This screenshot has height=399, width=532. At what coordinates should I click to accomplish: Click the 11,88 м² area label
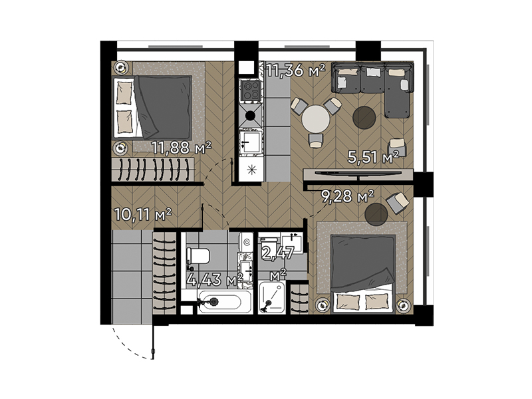182,148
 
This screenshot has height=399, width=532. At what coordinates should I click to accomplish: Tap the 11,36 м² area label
295,70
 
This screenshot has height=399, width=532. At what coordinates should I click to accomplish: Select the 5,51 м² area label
373,158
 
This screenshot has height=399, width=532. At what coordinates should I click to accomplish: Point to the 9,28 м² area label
347,196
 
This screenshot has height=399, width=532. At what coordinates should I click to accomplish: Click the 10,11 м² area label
143,214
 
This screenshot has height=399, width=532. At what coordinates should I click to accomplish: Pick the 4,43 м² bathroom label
215,280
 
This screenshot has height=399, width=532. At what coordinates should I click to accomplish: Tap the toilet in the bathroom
198,256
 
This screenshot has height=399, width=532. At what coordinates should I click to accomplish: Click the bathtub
225,301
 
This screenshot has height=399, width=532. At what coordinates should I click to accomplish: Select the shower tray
272,297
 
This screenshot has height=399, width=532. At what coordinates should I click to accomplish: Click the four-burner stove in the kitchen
251,90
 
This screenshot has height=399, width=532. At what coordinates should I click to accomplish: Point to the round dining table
316,120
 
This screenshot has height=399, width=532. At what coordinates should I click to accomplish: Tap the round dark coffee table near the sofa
364,118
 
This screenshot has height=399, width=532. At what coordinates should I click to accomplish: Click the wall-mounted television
358,174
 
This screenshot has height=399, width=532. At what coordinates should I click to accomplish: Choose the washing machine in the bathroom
245,242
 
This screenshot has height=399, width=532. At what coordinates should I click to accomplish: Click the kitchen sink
251,142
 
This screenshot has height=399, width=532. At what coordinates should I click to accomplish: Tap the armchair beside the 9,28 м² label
398,203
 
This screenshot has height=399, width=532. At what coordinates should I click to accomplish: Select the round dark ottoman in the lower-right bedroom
376,214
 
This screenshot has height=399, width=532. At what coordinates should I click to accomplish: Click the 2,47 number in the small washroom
277,253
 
